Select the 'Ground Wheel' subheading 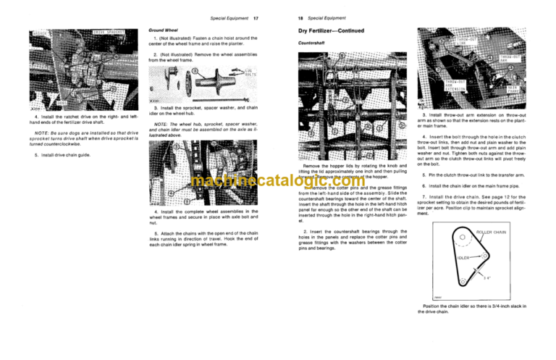tap(161, 31)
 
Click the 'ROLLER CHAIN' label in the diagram tap(493, 231)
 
